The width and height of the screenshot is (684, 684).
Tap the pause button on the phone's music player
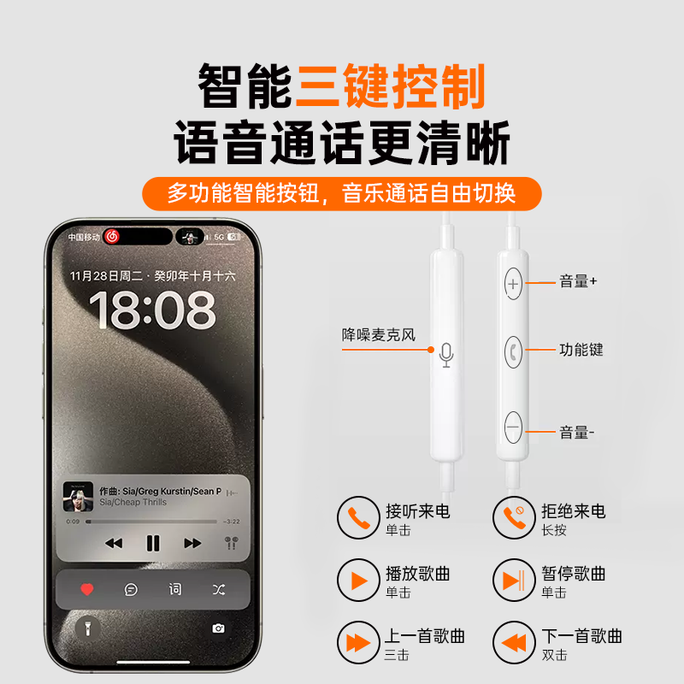tap(153, 543)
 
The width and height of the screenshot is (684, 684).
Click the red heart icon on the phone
tap(86, 589)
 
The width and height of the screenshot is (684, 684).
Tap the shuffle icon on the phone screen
tap(218, 589)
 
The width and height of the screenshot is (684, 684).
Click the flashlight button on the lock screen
tap(86, 628)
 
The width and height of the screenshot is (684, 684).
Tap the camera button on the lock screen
tap(218, 628)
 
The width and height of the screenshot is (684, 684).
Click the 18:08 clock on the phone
tap(152, 310)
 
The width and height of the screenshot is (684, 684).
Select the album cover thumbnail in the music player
tap(78, 497)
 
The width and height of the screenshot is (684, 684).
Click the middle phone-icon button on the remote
tap(513, 350)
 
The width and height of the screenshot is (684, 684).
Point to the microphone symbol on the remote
tap(445, 354)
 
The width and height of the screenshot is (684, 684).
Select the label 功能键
tap(581, 350)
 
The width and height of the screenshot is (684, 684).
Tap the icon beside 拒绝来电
tap(512, 518)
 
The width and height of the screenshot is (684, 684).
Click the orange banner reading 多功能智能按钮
tap(341, 193)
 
